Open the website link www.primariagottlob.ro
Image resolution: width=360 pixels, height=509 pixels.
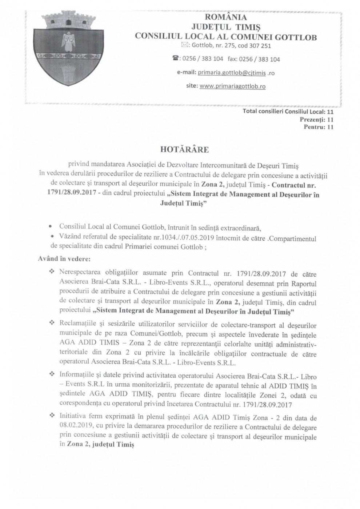pos(232,87)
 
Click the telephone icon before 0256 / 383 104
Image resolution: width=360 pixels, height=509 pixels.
pos(177,59)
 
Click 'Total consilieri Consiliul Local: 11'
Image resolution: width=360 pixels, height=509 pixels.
pos(288,112)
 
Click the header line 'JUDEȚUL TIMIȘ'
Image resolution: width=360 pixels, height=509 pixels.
pos(225,27)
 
